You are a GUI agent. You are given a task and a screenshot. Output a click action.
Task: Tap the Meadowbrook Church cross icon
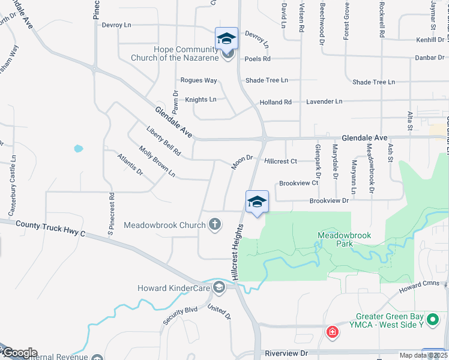pyautogui.click(x=215, y=225)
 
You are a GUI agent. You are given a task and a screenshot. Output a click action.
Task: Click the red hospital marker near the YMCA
pyautogui.click(x=331, y=331)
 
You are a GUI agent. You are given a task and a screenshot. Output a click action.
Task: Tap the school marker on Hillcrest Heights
pyautogui.click(x=257, y=202)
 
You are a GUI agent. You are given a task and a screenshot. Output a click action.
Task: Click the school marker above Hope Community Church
pyautogui.click(x=226, y=38)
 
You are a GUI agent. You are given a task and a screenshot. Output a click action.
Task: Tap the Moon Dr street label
pyautogui.click(x=244, y=162)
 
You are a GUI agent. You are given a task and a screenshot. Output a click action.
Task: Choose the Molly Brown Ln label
pyautogui.click(x=157, y=161)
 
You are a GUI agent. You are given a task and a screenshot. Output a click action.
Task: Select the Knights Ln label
pyautogui.click(x=200, y=99)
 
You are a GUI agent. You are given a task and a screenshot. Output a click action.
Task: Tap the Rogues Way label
pyautogui.click(x=199, y=80)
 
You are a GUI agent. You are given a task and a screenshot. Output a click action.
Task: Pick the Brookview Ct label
pyautogui.click(x=298, y=183)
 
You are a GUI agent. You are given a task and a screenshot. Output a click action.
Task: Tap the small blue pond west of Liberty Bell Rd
pyautogui.click(x=78, y=148)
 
